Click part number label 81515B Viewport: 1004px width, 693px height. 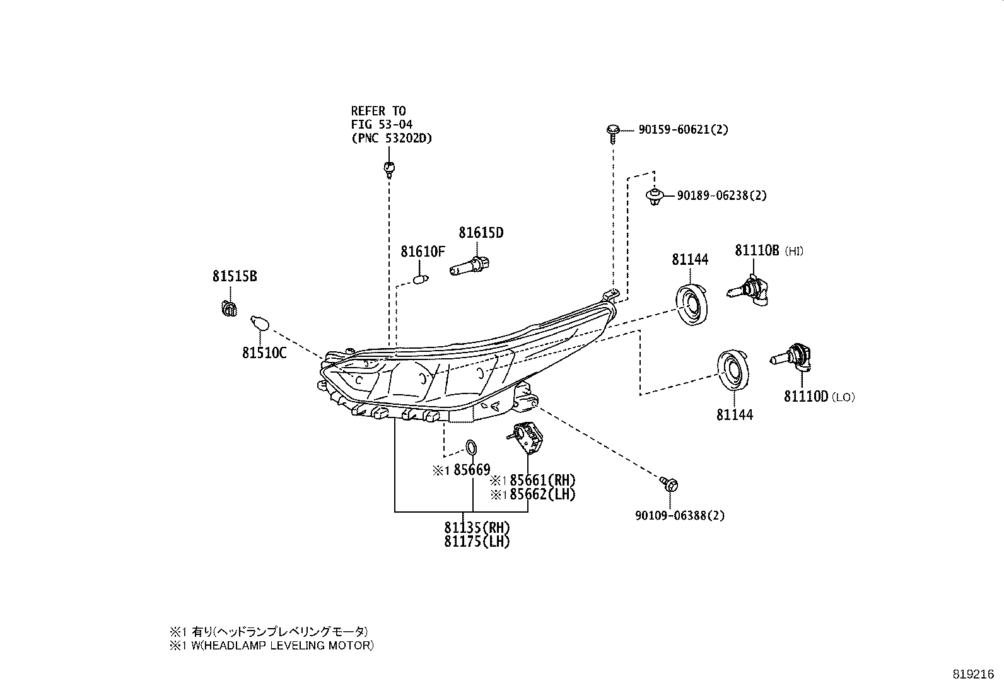[234, 276]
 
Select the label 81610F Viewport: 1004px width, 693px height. [423, 252]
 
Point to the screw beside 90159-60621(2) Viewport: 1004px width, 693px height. [612, 131]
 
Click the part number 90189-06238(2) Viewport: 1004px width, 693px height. [721, 195]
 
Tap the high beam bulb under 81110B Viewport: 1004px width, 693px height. [750, 291]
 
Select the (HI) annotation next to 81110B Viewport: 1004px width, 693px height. [795, 252]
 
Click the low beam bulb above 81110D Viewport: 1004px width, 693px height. [791, 357]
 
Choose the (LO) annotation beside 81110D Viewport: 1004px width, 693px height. [843, 397]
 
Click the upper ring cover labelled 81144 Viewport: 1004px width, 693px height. [691, 305]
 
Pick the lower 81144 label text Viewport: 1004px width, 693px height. [734, 415]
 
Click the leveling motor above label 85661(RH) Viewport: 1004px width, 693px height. [527, 436]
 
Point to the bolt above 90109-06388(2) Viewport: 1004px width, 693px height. [670, 484]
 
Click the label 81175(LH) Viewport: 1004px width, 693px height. [476, 541]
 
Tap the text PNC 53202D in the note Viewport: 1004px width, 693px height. [392, 138]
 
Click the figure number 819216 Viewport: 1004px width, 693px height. [974, 673]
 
